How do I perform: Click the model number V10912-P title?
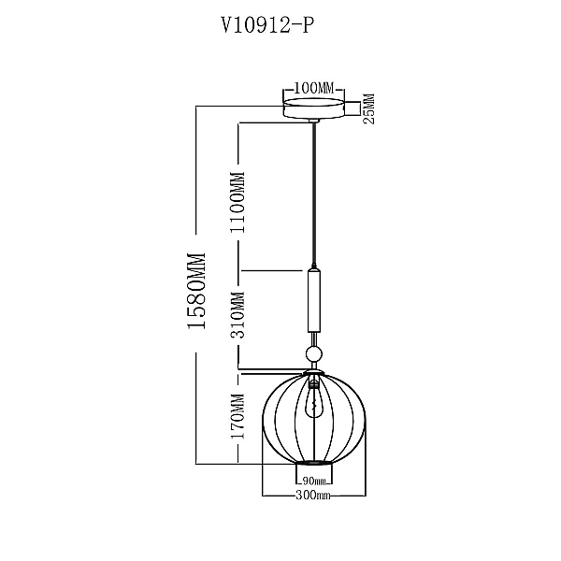pyautogui.click(x=267, y=26)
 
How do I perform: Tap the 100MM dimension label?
pyautogui.click(x=314, y=88)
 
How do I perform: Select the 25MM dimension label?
pyautogui.click(x=369, y=108)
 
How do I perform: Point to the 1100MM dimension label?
pyautogui.click(x=238, y=203)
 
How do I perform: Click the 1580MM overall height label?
pyautogui.click(x=196, y=291)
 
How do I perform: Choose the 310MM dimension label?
pyautogui.click(x=237, y=315)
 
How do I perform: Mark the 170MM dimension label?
pyautogui.click(x=237, y=416)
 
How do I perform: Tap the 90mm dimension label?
pyautogui.click(x=314, y=481)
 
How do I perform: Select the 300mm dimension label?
pyautogui.click(x=313, y=496)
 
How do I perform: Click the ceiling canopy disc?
pyautogui.click(x=314, y=108)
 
